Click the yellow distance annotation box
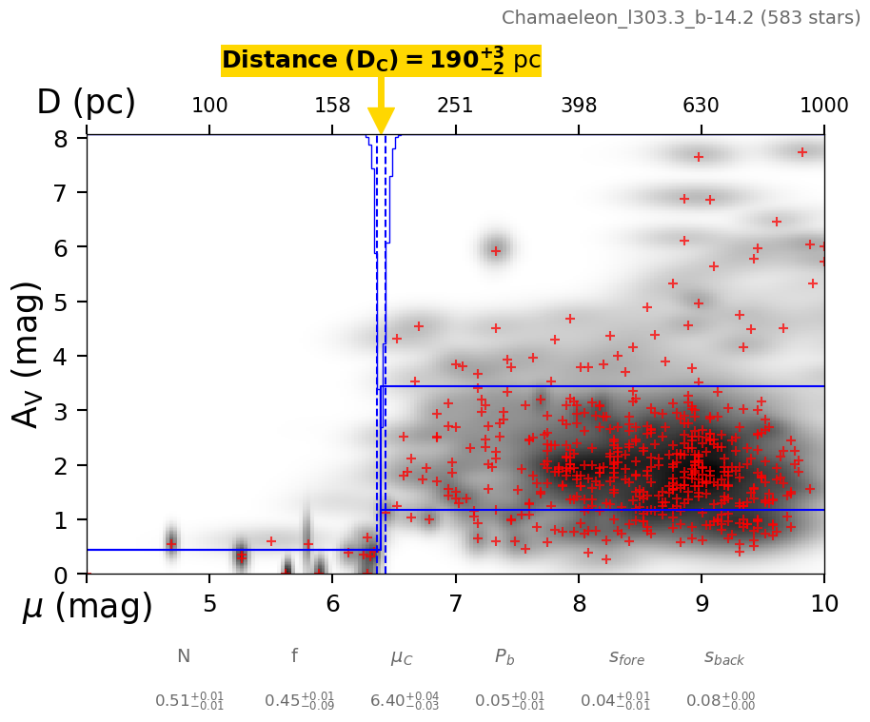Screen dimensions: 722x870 coord(381,61)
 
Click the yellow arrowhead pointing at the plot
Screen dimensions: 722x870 coord(381,121)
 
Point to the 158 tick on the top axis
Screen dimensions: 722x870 coord(332,106)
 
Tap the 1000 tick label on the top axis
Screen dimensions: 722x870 coord(824,106)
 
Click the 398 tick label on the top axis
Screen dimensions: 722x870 coord(579,106)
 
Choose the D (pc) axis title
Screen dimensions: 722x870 coord(86,103)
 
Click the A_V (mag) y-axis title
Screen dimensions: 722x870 coord(30,354)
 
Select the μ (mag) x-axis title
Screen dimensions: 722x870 coord(88,606)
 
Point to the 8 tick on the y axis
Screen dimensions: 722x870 coord(61,139)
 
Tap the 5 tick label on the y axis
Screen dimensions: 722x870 coord(61,302)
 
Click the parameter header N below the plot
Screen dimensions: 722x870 coord(184,656)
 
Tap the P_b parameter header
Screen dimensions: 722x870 coord(504,656)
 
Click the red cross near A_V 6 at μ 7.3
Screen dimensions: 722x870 coord(495,251)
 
